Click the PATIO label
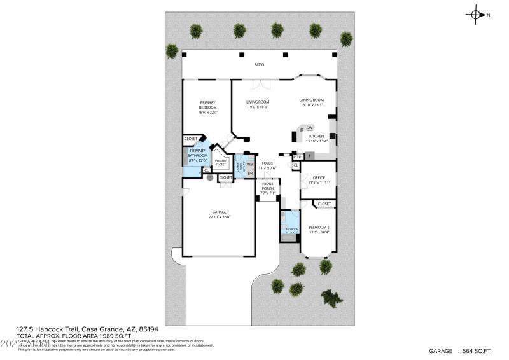pos(260,65)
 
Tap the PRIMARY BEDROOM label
pos(208,107)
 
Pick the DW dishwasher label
pos(310,128)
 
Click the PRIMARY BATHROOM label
pos(198,153)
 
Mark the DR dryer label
pos(250,173)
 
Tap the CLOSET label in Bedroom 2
pos(324,204)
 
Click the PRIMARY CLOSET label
pos(221,163)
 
